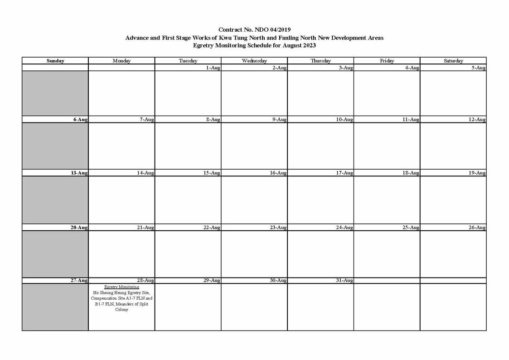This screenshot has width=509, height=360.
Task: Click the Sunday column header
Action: pyautogui.click(x=55, y=61)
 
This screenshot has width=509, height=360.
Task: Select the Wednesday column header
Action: pyautogui.click(x=254, y=61)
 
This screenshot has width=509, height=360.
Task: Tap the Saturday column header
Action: pyautogui.click(x=453, y=61)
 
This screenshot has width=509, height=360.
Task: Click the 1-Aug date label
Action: pyautogui.click(x=213, y=68)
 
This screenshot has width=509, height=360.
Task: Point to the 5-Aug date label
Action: pyautogui.click(x=478, y=68)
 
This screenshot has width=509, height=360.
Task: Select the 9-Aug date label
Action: pyautogui.click(x=279, y=120)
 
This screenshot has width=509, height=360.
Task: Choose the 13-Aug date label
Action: pyautogui.click(x=79, y=173)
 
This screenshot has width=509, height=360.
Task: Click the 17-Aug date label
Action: pyautogui.click(x=344, y=173)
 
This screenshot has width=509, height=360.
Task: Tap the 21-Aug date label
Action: pyautogui.click(x=145, y=227)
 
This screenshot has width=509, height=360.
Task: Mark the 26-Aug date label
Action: pyautogui.click(x=477, y=227)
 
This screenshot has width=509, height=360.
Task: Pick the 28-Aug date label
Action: pyautogui.click(x=145, y=280)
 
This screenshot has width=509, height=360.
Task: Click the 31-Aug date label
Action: pyautogui.click(x=344, y=280)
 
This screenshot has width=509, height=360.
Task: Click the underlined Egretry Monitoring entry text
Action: pyautogui.click(x=121, y=287)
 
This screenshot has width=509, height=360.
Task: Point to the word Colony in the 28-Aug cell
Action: pyautogui.click(x=121, y=310)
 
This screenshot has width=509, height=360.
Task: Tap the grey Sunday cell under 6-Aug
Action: pyautogui.click(x=55, y=146)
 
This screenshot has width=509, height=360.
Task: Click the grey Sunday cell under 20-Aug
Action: pyautogui.click(x=55, y=254)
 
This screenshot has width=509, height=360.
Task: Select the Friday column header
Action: pyautogui.click(x=387, y=61)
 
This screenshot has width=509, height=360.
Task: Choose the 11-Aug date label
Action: pyautogui.click(x=411, y=120)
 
